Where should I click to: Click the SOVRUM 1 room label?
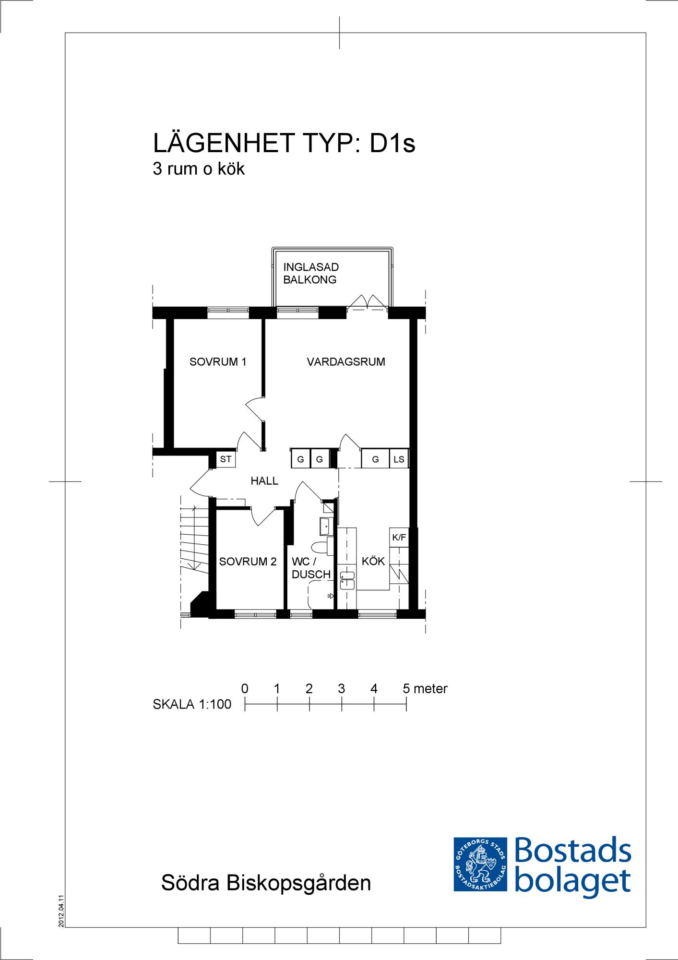click(218, 362)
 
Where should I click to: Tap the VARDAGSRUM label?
click(346, 362)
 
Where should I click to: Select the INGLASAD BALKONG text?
click(311, 273)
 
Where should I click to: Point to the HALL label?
click(264, 480)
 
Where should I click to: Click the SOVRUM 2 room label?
click(248, 562)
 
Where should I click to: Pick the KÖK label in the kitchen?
click(373, 561)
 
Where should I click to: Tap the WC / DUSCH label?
click(311, 568)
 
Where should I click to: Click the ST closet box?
click(226, 459)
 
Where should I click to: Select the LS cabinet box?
click(399, 459)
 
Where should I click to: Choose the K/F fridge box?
click(399, 538)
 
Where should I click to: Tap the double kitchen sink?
click(347, 579)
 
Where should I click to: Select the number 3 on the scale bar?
click(342, 689)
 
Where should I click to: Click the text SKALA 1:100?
click(192, 704)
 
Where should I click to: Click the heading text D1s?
click(392, 143)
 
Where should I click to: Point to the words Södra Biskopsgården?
click(266, 883)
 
